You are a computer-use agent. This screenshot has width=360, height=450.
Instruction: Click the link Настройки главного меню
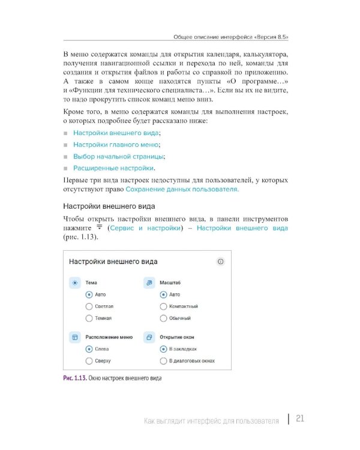point(116,145)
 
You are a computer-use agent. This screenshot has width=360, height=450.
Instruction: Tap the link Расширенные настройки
point(113,168)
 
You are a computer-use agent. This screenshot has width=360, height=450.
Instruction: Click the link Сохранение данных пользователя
point(182,189)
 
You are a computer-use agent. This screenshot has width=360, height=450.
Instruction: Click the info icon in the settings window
point(220,262)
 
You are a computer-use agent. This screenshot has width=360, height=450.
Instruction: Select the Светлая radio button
point(89,306)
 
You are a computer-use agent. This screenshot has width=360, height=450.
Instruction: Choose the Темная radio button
point(89,318)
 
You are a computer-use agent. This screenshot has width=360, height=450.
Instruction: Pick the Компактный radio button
point(163,306)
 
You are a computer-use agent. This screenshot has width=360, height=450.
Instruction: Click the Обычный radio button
point(163,318)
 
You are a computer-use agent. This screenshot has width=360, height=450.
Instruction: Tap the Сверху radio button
point(89,361)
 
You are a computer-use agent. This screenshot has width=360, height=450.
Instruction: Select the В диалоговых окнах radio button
point(163,361)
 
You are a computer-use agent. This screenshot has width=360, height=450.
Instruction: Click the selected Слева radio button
point(89,349)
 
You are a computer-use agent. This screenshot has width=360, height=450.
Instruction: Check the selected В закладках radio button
point(163,349)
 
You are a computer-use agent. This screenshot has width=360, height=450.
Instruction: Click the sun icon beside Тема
point(75,283)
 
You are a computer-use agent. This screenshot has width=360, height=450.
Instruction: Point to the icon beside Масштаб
point(149,283)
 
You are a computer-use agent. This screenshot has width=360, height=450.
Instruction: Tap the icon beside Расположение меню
point(75,338)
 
